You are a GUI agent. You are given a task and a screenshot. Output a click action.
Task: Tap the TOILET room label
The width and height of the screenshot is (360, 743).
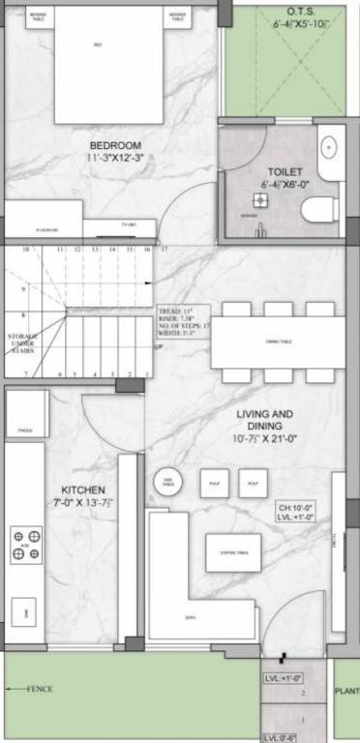click(282, 171)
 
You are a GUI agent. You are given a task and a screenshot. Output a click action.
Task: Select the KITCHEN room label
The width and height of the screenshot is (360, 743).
click(84, 490)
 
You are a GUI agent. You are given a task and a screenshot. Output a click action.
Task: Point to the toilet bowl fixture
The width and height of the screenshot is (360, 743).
click(318, 209)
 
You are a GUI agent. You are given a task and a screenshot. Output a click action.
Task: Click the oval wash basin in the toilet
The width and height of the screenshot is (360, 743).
click(328, 148)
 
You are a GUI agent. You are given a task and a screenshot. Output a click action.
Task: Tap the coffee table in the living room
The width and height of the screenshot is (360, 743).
click(233, 552)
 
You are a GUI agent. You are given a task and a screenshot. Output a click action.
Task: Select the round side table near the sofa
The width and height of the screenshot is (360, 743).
click(168, 482)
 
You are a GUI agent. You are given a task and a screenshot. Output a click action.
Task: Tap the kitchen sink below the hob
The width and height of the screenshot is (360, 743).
click(23, 610)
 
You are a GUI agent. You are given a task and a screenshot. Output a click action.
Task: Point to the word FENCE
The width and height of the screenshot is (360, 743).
click(40, 689)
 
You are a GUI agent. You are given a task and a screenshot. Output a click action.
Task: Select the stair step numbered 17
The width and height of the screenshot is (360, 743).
click(164, 250)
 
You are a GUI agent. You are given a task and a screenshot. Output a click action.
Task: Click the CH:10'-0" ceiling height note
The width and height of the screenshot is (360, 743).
click(297, 506)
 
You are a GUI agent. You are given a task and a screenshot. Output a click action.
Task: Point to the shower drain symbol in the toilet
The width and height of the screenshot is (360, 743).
click(260, 200)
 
